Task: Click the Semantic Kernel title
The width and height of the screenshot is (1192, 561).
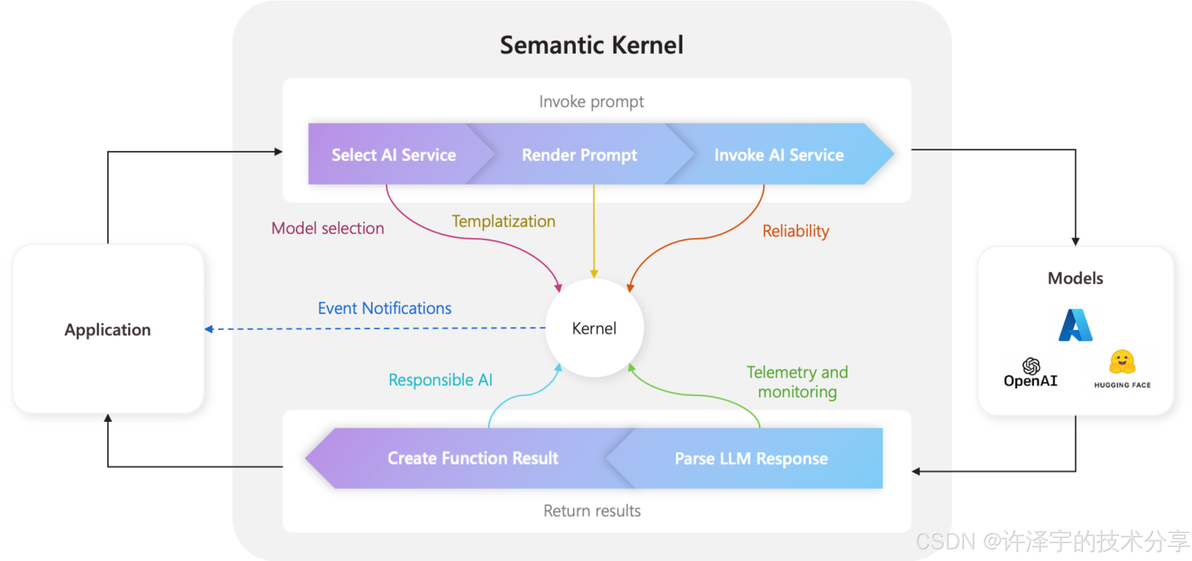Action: pos(591,45)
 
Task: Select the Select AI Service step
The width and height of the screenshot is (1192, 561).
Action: pos(393,155)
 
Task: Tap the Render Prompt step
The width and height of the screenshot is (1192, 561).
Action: pos(579,155)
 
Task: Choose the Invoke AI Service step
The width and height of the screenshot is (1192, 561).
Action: pos(779,155)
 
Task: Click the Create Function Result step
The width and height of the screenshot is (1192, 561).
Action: pos(472,458)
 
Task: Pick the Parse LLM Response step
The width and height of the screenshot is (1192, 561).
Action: pos(751,458)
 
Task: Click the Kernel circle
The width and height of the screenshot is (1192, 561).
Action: pos(594,329)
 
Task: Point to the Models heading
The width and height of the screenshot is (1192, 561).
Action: pos(1075,278)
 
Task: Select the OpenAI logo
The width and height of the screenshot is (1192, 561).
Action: pos(1030,373)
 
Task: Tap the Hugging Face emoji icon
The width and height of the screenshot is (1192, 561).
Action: pos(1122,362)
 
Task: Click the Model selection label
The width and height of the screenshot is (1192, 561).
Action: pos(328,228)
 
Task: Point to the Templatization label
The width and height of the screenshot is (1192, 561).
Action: pos(503,222)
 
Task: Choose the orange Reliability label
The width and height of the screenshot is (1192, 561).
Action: pos(795,231)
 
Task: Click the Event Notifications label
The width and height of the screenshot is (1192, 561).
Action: pos(385,308)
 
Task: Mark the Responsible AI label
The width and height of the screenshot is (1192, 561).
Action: pos(440,380)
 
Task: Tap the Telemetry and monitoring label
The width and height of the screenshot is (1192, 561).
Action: pos(797,382)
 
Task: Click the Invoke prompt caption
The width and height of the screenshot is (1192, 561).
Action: pos(591,102)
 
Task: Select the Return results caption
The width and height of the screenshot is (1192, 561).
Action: pos(592,511)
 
